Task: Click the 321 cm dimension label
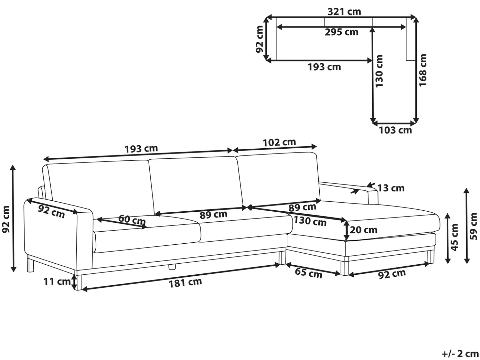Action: click(x=344, y=11)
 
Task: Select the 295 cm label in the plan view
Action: click(x=342, y=32)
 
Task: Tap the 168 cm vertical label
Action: click(x=423, y=70)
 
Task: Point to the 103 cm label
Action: click(x=395, y=130)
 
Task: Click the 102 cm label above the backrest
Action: click(x=279, y=143)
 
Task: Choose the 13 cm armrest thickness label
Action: click(x=391, y=188)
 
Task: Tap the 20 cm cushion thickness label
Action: click(x=364, y=230)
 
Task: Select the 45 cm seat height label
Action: click(x=454, y=237)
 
